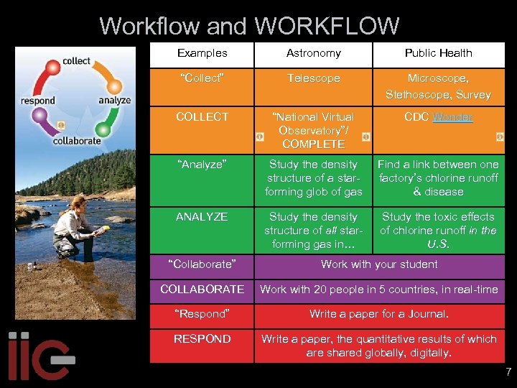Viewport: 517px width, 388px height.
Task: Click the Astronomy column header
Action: [x=313, y=53]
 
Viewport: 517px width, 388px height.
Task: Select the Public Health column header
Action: [x=438, y=53]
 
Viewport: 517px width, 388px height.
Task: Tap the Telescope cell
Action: [x=313, y=78]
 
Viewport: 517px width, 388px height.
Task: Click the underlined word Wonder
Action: [x=452, y=117]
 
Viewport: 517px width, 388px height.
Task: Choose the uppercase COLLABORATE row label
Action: [x=202, y=289]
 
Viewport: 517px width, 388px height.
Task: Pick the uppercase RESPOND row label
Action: [x=202, y=338]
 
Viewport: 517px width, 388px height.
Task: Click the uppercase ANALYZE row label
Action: [x=202, y=216]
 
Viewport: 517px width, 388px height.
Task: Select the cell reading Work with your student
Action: [x=379, y=264]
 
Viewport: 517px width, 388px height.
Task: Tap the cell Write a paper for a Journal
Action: [x=379, y=314]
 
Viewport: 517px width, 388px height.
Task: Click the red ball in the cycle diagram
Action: [x=52, y=68]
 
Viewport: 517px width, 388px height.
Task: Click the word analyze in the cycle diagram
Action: [x=114, y=101]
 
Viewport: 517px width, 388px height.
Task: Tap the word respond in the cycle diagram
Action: [x=38, y=101]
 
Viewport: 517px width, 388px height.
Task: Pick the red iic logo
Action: [x=39, y=356]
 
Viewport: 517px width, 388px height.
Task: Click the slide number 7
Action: [x=508, y=372]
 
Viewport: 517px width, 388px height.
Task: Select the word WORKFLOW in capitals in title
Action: [x=327, y=27]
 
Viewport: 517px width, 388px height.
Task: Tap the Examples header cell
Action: [x=202, y=53]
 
